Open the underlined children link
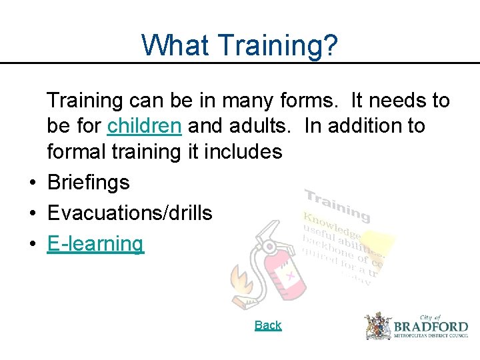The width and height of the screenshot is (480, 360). pos(144,126)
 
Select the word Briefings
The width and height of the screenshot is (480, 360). pos(88,183)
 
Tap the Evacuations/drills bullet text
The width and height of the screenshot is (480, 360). pos(129,213)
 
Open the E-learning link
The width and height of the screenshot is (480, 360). pos(95,244)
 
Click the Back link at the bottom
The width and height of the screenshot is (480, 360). pos(268,325)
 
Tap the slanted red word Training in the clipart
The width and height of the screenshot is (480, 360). pos(337,204)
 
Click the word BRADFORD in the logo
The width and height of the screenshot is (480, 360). pos(431,327)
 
